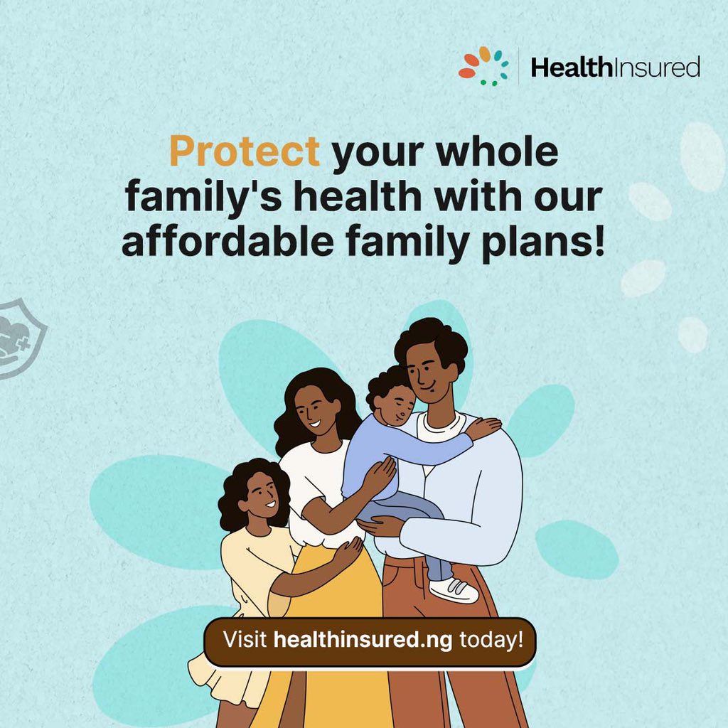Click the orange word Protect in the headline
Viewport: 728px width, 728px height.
coord(244,151)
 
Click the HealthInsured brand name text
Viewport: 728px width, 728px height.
coord(615,68)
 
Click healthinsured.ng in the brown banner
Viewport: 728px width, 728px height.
coord(363,638)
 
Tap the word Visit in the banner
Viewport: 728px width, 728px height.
coord(246,638)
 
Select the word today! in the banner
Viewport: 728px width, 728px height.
coord(491,638)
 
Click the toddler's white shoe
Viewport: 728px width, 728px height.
coord(454,589)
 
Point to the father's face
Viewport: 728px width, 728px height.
coord(427,373)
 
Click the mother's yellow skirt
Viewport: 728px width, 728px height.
coord(334,590)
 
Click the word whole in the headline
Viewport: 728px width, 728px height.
coord(498,151)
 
